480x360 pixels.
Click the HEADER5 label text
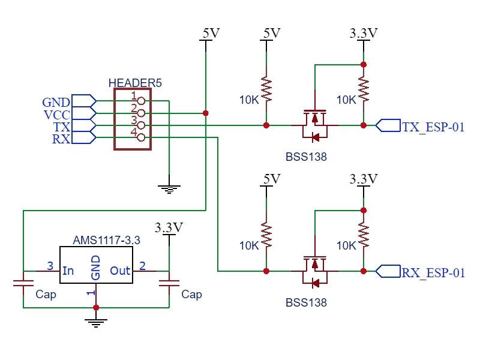click(x=135, y=83)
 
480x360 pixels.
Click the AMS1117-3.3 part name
click(x=106, y=239)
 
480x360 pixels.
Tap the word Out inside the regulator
click(x=120, y=271)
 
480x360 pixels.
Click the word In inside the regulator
click(x=68, y=271)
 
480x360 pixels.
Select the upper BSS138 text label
click(x=306, y=157)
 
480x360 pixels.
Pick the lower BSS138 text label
click(x=306, y=302)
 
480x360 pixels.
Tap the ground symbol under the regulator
click(x=96, y=323)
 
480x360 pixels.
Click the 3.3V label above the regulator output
click(x=169, y=228)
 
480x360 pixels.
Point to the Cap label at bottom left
click(x=46, y=295)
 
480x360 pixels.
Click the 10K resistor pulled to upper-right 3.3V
click(x=363, y=90)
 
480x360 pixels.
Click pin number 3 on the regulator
click(x=50, y=265)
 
